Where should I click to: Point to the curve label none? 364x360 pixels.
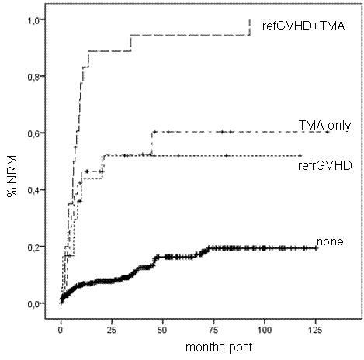(329, 241)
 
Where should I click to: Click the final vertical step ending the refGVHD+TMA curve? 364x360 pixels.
(249, 27)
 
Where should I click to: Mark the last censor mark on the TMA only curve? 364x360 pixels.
(327, 132)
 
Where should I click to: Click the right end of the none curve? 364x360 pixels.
(316, 248)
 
